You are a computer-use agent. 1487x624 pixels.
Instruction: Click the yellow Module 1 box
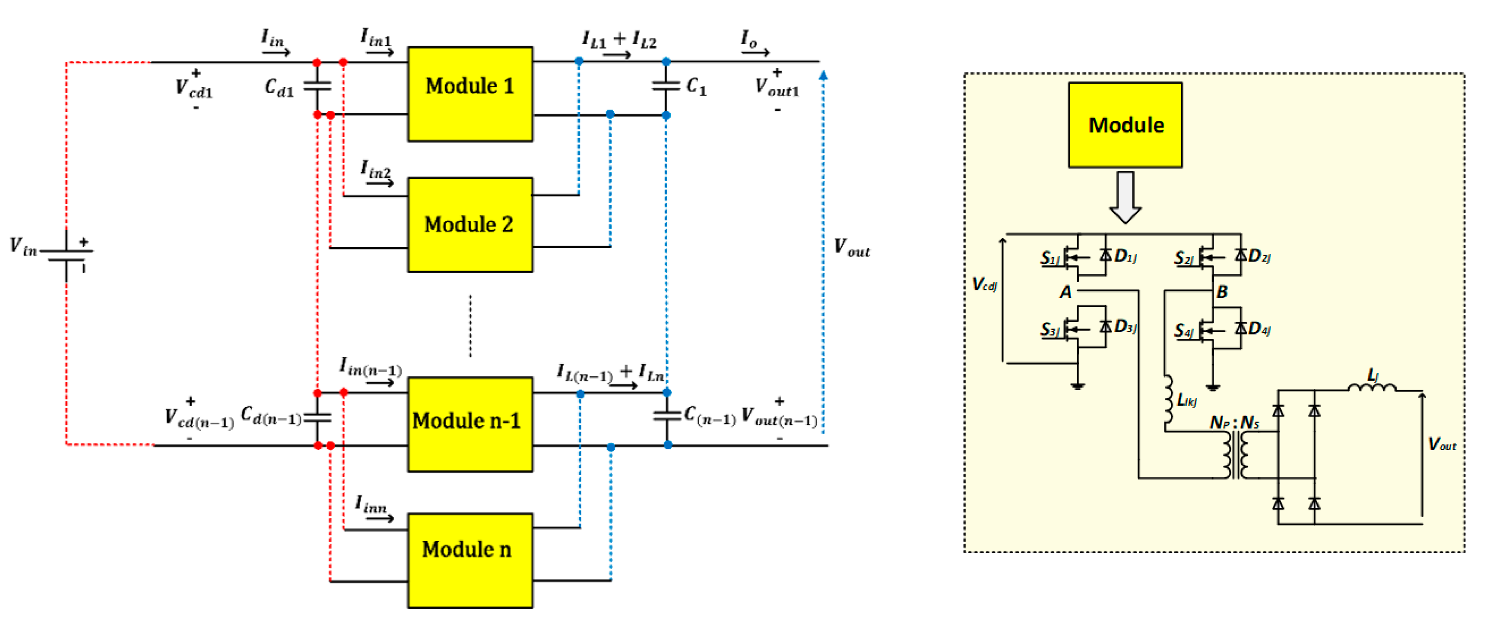(469, 94)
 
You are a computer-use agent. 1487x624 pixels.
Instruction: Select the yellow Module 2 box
(469, 224)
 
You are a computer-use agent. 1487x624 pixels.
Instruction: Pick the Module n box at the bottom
(469, 560)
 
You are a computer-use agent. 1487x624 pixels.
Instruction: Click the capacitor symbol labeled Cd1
(317, 86)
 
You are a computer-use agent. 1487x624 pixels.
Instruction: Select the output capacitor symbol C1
(666, 85)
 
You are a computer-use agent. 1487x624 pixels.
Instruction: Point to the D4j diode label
(1259, 329)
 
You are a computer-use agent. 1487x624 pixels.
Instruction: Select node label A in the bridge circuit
(1065, 293)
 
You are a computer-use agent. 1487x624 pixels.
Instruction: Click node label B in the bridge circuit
(1221, 293)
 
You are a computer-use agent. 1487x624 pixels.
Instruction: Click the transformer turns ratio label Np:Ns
(1234, 423)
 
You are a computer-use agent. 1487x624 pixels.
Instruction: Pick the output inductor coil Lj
(1372, 386)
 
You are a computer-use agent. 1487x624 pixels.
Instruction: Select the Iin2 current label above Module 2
(376, 170)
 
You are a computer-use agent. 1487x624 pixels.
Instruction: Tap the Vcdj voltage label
(984, 284)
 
